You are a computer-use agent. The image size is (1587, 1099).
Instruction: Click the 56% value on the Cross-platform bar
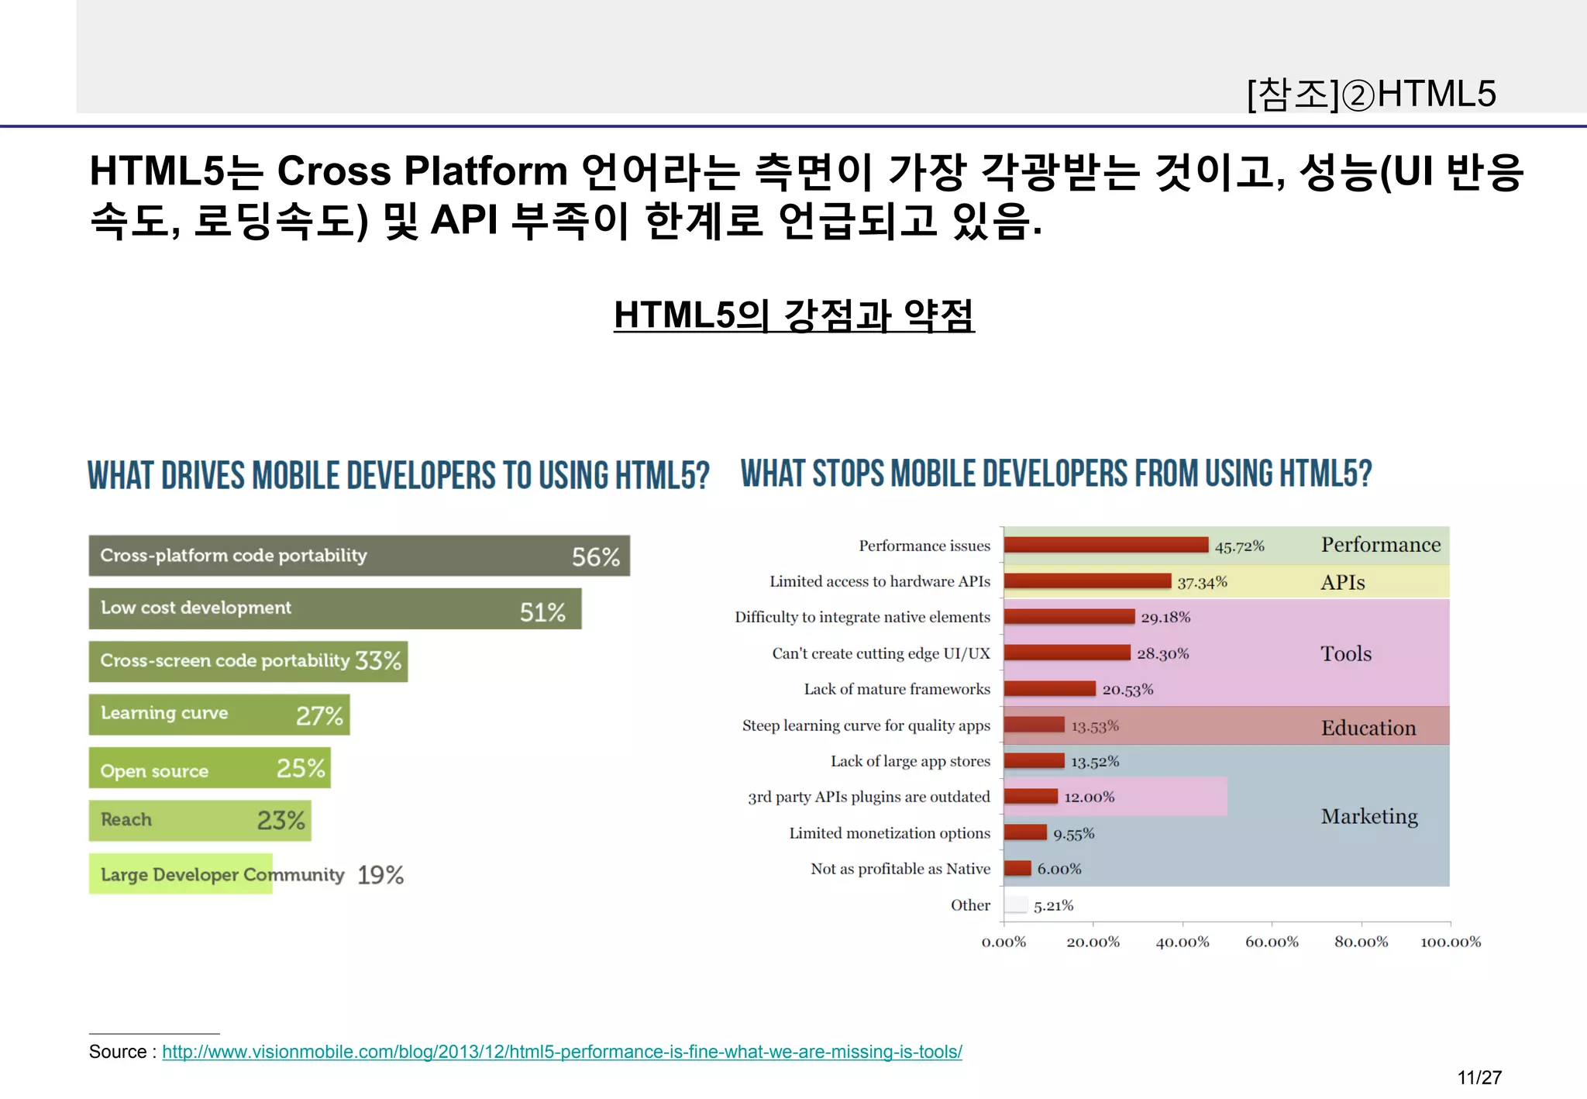coord(595,556)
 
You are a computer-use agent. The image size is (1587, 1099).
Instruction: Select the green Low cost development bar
coord(335,608)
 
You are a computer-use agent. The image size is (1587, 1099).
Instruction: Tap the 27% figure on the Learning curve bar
coord(319,715)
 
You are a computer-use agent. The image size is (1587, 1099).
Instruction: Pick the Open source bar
coord(209,768)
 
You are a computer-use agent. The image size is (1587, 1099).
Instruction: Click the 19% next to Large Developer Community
coord(380,875)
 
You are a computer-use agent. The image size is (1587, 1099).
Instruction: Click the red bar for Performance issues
coord(1106,545)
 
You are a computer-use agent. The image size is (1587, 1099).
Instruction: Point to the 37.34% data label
coord(1202,582)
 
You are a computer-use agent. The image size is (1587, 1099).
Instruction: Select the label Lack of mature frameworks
coord(897,689)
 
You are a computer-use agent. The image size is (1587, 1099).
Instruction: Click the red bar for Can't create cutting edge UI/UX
coord(1067,653)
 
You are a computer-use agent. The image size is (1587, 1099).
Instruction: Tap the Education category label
coord(1368,728)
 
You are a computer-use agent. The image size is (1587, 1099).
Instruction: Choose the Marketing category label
coord(1369,816)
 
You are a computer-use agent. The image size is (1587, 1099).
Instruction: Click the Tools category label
coord(1346,653)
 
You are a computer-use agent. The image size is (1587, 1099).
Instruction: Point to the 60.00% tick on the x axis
coord(1272,942)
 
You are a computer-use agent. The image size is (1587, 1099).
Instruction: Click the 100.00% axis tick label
coord(1450,942)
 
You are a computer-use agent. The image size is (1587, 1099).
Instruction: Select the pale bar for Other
coord(1016,904)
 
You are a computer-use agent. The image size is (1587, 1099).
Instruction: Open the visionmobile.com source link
coord(562,1052)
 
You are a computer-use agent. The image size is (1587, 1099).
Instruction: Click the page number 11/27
coord(1479,1077)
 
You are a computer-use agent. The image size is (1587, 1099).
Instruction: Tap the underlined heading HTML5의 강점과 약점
coord(793,315)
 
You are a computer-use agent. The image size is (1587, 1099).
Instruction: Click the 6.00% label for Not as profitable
coord(1059,869)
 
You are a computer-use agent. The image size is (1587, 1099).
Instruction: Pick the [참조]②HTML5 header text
coord(1372,94)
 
